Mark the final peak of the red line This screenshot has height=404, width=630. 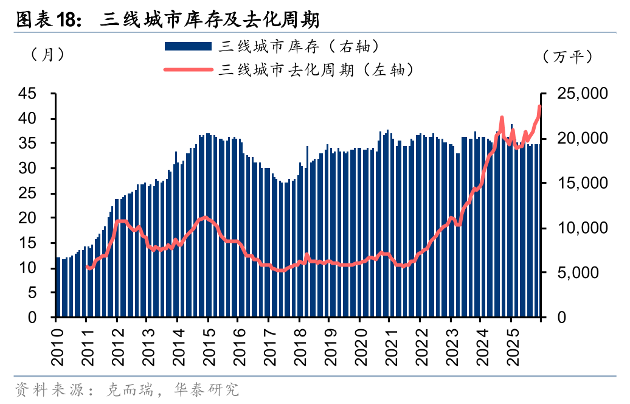539,106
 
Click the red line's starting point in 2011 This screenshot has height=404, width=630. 87,266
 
